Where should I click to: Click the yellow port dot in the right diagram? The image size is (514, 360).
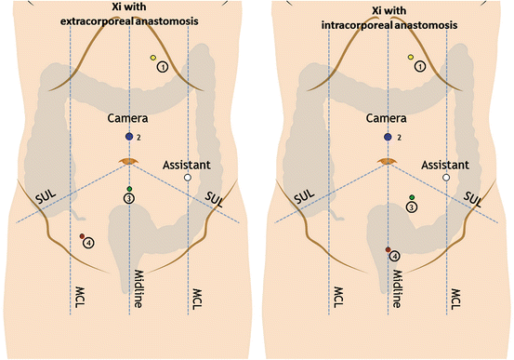pos(411,58)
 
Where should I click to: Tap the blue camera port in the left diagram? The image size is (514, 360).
pos(129,137)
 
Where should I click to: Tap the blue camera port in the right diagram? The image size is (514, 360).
pos(388,137)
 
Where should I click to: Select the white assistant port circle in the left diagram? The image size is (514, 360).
pos(188,177)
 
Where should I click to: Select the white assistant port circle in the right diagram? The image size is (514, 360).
pos(446,177)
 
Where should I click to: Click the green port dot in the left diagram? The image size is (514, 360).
pos(129,190)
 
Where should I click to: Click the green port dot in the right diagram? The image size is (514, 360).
pos(411,197)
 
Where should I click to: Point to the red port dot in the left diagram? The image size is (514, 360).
pos(82,235)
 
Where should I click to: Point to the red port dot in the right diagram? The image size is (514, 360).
pos(388,249)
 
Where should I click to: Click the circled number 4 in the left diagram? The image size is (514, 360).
pos(88,243)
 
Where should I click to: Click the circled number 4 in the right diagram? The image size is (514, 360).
pos(394,256)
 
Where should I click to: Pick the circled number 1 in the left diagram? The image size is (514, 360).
pos(163,66)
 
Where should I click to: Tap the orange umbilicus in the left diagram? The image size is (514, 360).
pos(129,162)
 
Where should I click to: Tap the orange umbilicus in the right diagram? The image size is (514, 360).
pos(388,162)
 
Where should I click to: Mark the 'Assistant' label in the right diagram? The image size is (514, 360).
pos(443,164)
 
